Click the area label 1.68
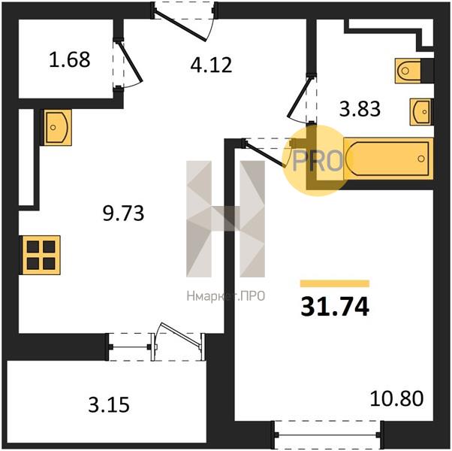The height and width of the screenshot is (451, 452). click(x=70, y=59)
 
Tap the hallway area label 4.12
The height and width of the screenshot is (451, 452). click(x=211, y=65)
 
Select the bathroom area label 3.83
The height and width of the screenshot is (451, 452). click(x=360, y=109)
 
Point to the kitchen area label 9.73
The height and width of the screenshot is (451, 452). click(x=123, y=213)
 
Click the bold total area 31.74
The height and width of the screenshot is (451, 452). click(x=335, y=307)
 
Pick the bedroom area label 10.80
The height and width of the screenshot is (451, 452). click(x=396, y=398)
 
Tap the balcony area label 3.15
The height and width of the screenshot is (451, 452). click(x=109, y=404)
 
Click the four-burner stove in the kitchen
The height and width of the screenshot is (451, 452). click(x=41, y=255)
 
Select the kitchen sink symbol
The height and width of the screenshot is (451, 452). click(x=56, y=127)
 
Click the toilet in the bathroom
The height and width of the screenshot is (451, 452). click(x=408, y=71)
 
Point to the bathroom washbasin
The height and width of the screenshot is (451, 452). click(x=420, y=112)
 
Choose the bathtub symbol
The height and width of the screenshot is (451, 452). click(x=389, y=159)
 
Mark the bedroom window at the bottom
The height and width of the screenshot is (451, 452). click(x=327, y=434)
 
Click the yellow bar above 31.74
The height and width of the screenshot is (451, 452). click(x=335, y=283)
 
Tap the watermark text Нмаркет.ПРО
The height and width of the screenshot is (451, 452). click(x=226, y=296)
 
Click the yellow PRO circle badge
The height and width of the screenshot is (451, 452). click(x=317, y=160)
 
